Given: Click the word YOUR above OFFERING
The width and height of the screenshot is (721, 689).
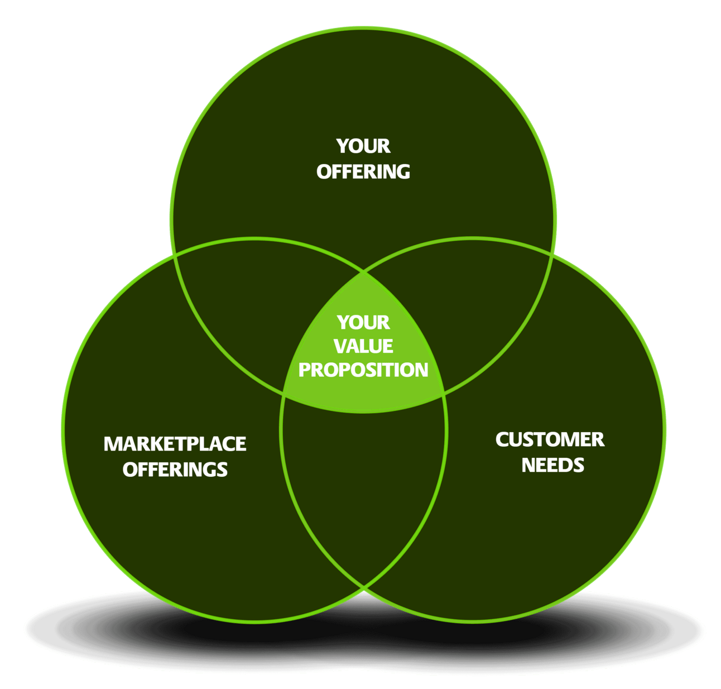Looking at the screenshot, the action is (363, 146).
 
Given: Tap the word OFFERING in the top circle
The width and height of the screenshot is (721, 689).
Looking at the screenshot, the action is (363, 171).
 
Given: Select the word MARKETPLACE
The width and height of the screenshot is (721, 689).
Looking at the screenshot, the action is (175, 444).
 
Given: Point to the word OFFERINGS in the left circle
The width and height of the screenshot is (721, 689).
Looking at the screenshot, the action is (175, 469).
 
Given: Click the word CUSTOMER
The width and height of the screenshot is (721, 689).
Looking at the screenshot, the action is (550, 439).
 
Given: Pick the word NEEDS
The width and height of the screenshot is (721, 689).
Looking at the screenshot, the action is (553, 465).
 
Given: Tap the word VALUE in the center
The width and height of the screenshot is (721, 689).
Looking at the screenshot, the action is (363, 346).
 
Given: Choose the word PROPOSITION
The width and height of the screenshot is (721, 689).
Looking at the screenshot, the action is (363, 370).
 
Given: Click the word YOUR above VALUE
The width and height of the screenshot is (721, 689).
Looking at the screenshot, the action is (363, 323).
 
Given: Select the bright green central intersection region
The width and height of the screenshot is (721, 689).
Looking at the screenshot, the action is (363, 356).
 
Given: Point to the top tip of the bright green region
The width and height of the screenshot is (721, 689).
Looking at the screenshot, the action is (364, 273).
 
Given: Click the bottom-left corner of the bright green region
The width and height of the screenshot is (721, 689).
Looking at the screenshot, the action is (283, 394).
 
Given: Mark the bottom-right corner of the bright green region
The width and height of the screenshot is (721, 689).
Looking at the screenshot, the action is (444, 394).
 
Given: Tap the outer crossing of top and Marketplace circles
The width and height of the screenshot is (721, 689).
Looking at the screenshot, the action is (174, 255).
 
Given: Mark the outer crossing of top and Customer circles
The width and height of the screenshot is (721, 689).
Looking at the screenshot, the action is (552, 255).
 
